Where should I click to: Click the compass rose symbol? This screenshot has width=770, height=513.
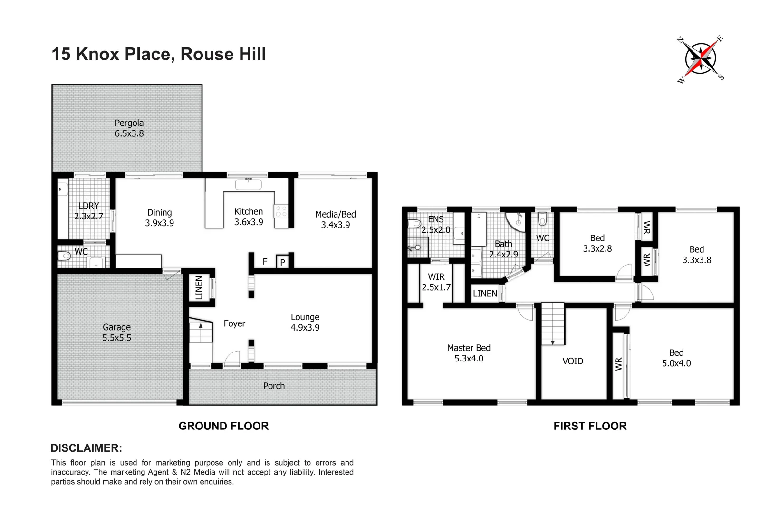coord(701,59)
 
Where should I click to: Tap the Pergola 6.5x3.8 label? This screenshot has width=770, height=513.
coord(129,128)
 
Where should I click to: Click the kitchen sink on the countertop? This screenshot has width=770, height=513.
coord(248,184)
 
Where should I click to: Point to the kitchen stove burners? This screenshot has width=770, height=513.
coord(281,211)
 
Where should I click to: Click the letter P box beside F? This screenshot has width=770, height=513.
coord(282,262)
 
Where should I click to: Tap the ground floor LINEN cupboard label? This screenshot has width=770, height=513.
coord(199,287)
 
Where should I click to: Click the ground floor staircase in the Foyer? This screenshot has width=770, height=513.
coord(201,332)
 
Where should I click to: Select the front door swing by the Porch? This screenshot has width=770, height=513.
coord(232,359)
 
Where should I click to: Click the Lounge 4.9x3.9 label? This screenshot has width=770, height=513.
coord(305,322)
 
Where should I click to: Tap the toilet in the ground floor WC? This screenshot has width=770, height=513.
coord(64,256)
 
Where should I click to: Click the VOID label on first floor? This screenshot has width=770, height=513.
coord(572,361)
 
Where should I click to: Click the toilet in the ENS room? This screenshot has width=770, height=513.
coord(414,223)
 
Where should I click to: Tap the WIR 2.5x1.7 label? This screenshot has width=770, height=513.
coord(436,282)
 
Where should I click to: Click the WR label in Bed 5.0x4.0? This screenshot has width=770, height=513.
coord(618,364)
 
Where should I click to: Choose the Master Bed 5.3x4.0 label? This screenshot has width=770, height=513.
coord(469,353)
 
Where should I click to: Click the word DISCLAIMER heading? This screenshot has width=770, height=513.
coord(86,448)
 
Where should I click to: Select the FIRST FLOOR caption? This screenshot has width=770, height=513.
coord(590,426)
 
